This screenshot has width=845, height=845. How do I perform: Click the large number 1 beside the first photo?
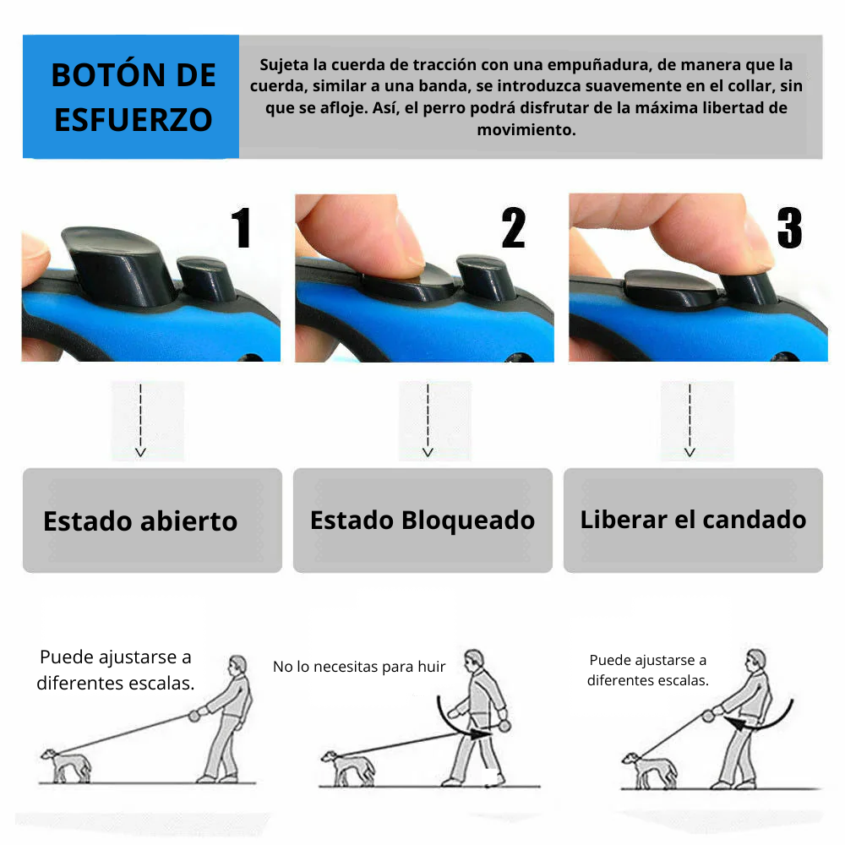click(242, 228)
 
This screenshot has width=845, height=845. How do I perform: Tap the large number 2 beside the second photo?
click(513, 228)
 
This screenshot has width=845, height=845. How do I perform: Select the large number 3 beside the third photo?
click(788, 228)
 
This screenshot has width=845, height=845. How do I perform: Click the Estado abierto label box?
click(152, 521)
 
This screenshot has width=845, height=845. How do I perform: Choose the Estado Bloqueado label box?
click(422, 521)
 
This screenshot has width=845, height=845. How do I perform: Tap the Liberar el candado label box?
click(693, 521)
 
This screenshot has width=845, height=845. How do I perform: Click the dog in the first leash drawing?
click(66, 764)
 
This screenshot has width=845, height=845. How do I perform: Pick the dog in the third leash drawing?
click(649, 769)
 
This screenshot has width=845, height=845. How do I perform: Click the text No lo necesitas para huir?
click(359, 667)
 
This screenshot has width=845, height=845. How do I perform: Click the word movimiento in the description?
click(526, 130)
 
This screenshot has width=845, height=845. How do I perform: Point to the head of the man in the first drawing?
click(239, 664)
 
